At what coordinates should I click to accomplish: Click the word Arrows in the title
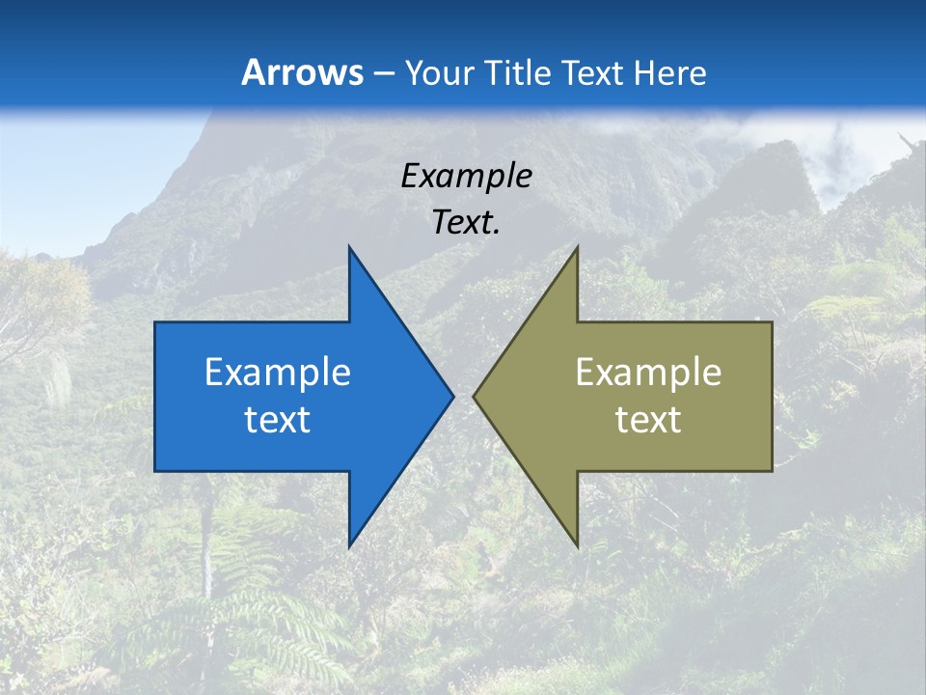click(x=302, y=72)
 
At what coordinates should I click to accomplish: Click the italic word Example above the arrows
click(x=467, y=177)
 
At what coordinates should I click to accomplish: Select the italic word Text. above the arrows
click(x=467, y=223)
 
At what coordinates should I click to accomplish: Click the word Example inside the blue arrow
click(x=278, y=373)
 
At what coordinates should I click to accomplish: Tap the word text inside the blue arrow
click(x=278, y=419)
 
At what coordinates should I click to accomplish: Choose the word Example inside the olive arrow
click(x=648, y=373)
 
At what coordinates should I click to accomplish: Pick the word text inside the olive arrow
click(x=648, y=419)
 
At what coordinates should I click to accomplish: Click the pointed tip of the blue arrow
click(x=452, y=396)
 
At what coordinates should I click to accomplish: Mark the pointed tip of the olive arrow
click(x=474, y=396)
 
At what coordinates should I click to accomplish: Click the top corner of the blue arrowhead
click(x=349, y=247)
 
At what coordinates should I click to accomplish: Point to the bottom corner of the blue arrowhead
click(x=349, y=546)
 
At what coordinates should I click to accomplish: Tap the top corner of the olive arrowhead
click(x=577, y=247)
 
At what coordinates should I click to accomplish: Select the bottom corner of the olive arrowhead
click(x=577, y=546)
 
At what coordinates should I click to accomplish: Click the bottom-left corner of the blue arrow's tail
click(x=155, y=471)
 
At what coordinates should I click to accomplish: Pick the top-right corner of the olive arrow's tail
click(x=772, y=322)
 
